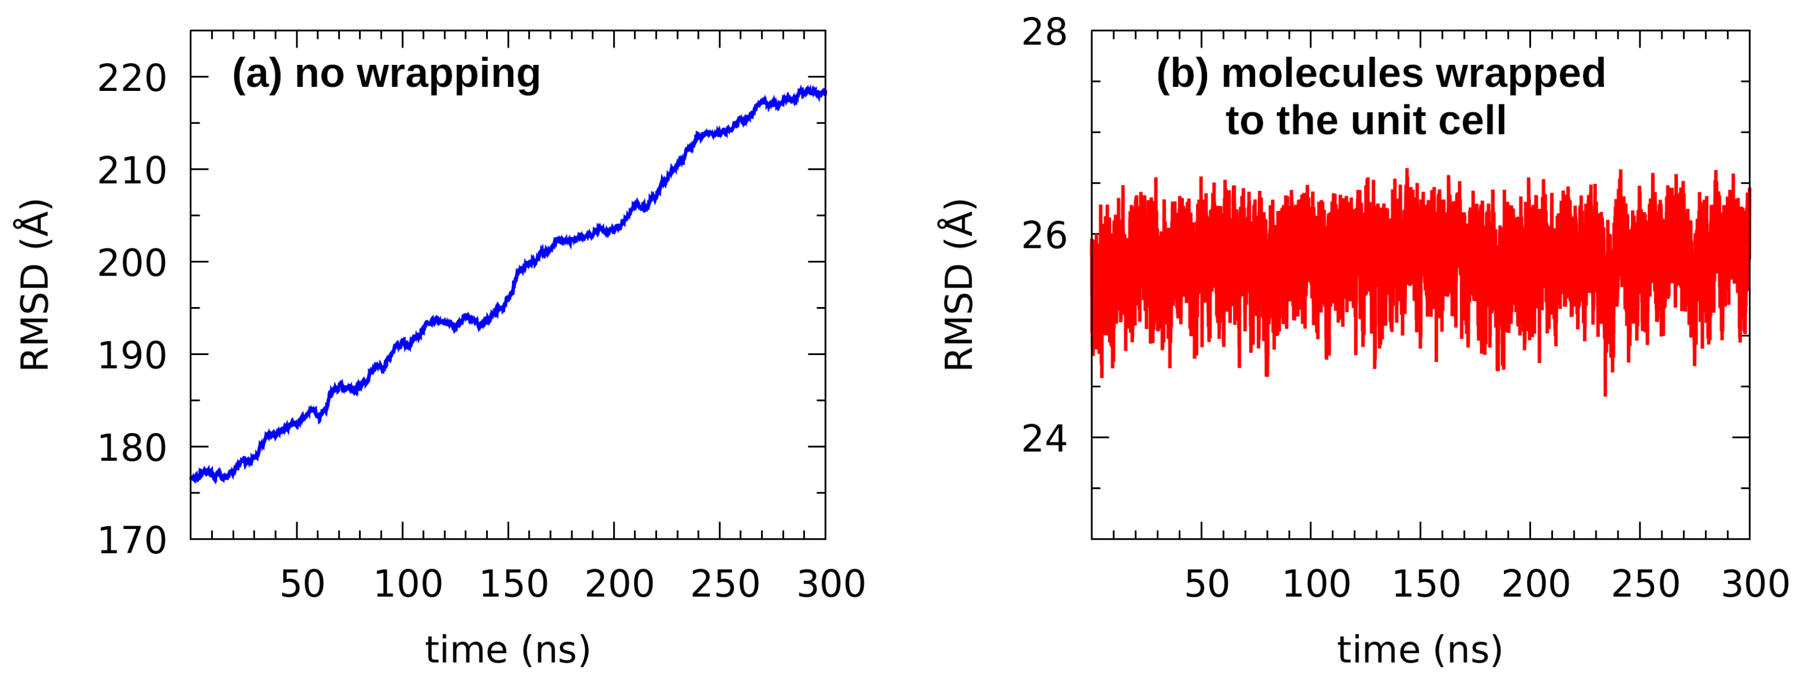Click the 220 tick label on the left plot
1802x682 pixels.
[132, 78]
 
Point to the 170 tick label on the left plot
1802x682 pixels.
[132, 541]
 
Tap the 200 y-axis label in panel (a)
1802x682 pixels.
[132, 264]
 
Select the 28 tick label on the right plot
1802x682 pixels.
[1044, 32]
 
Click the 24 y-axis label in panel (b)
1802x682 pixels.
[1044, 439]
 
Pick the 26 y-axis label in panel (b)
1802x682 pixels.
[1044, 236]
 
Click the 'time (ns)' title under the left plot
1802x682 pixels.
[508, 650]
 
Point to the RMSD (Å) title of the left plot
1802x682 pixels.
[33, 285]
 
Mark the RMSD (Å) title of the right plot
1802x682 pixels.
[959, 285]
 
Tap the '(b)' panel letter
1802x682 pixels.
[1182, 73]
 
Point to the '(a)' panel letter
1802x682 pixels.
[257, 73]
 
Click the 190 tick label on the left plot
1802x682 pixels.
[132, 356]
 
